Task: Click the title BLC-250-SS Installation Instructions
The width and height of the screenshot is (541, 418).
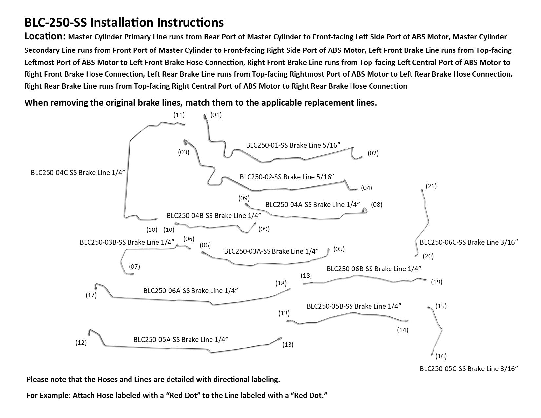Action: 124,23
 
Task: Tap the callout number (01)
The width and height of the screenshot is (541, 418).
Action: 216,115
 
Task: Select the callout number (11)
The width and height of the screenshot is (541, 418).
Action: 179,115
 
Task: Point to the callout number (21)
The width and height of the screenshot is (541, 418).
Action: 431,186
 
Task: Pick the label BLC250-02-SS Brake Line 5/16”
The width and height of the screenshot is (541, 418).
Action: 287,177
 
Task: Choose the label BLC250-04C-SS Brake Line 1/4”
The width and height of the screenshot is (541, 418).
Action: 78,173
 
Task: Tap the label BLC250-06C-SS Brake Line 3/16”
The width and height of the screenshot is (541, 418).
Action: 469,242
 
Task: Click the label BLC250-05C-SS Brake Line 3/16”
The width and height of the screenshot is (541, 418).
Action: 469,369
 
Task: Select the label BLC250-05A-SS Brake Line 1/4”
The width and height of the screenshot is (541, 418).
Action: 181,339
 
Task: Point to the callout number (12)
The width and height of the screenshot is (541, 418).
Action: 81,343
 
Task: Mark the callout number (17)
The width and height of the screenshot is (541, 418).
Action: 91,295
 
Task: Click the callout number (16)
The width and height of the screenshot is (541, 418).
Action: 441,356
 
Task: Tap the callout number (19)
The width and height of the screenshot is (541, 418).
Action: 437,282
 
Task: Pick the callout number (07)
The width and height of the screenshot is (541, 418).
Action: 134,266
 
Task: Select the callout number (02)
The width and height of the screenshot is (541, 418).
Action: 373,153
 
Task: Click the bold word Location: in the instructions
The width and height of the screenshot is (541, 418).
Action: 45,36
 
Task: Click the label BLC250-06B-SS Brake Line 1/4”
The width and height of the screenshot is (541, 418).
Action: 374,269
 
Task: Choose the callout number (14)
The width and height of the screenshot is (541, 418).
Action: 403,330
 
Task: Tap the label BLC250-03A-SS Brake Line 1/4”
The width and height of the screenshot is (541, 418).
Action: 271,251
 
